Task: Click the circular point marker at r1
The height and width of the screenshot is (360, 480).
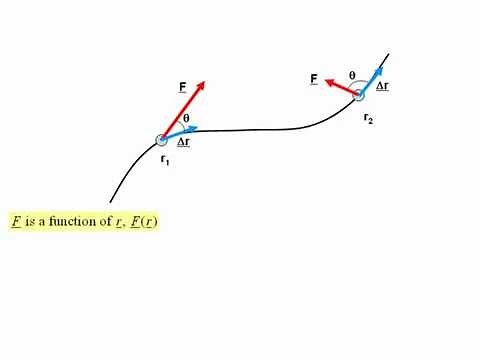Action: tap(162, 140)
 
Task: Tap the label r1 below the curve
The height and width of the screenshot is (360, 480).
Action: tap(165, 161)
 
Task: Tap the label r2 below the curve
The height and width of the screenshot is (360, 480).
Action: tap(368, 119)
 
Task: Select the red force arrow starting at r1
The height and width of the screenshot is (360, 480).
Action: tap(183, 110)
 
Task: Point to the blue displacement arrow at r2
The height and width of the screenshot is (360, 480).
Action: tap(372, 81)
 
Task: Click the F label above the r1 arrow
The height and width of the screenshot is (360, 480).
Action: tap(182, 88)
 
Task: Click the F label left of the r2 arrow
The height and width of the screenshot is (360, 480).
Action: tap(314, 79)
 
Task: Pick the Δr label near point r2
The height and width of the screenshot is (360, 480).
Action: tap(383, 87)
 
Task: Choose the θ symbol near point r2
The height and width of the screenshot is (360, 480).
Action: tap(352, 75)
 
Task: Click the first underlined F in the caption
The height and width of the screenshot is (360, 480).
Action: tap(16, 221)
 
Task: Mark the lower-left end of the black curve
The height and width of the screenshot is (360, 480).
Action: tap(111, 201)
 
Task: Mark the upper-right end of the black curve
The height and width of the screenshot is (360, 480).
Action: tap(388, 54)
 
